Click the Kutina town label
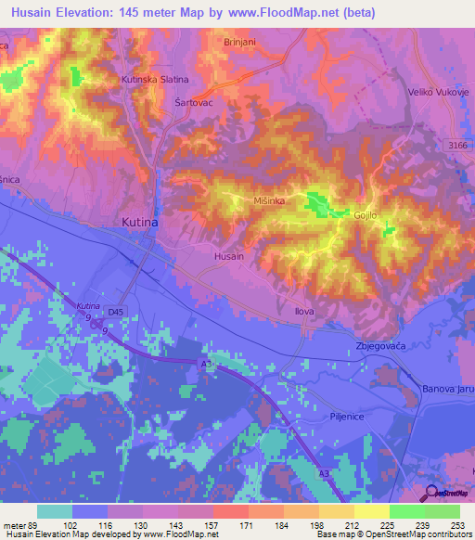click(140, 223)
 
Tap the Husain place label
click(229, 255)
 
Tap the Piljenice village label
click(351, 416)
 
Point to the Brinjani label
click(241, 43)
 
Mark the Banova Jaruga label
click(448, 388)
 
